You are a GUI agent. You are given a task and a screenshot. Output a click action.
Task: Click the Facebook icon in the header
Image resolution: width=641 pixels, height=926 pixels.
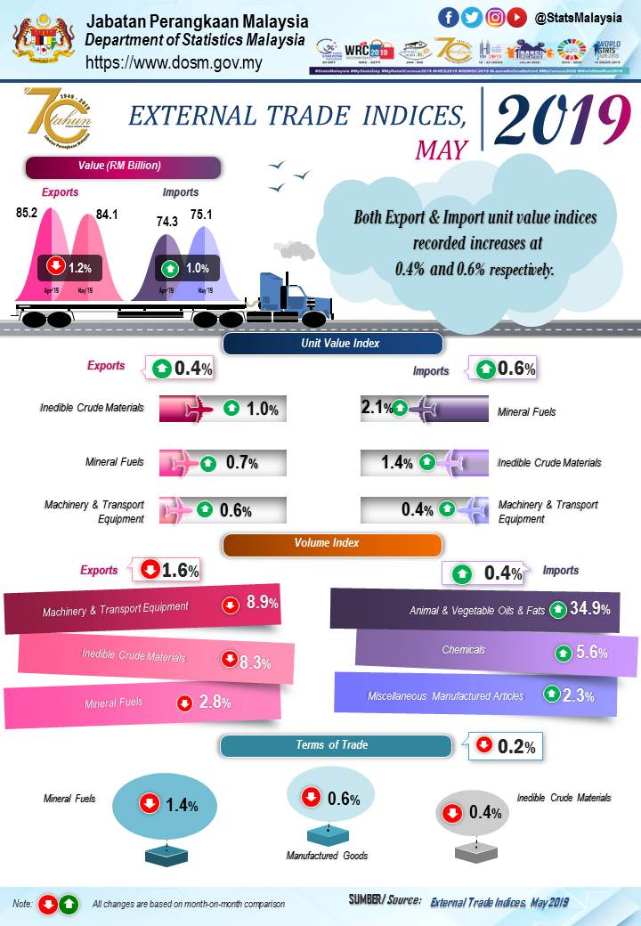[450, 18]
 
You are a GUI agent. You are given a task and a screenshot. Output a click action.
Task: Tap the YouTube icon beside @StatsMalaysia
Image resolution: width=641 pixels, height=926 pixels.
[516, 18]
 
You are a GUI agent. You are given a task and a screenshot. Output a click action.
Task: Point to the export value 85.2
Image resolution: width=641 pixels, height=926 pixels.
[27, 214]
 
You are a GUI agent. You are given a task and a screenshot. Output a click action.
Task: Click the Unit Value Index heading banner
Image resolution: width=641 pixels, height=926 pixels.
[333, 343]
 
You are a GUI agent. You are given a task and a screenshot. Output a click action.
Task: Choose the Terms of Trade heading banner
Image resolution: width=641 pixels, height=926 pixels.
[336, 745]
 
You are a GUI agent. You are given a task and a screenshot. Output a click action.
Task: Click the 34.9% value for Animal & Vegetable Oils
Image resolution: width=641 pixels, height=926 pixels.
[589, 610]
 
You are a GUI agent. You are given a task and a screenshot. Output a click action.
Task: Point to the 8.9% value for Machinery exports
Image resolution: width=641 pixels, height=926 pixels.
[262, 604]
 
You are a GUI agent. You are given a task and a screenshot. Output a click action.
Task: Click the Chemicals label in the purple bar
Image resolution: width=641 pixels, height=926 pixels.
[464, 650]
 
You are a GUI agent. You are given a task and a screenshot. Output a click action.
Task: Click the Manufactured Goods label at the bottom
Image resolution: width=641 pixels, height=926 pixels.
[327, 856]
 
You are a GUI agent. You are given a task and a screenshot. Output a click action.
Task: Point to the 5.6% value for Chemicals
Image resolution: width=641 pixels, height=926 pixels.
[592, 653]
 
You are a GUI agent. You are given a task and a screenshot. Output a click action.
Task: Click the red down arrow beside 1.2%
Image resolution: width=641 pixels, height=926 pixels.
[55, 266]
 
